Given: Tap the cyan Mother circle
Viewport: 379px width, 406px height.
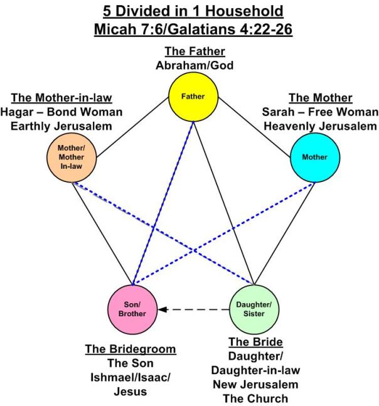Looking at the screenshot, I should point(314,157).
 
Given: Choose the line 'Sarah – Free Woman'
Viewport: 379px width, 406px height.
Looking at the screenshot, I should point(320,112).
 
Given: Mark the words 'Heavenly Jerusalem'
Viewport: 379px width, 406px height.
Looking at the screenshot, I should point(320,126).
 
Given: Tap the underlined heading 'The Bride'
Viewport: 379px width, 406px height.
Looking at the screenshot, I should point(255,342).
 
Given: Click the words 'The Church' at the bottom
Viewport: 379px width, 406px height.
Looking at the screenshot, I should point(255,397).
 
